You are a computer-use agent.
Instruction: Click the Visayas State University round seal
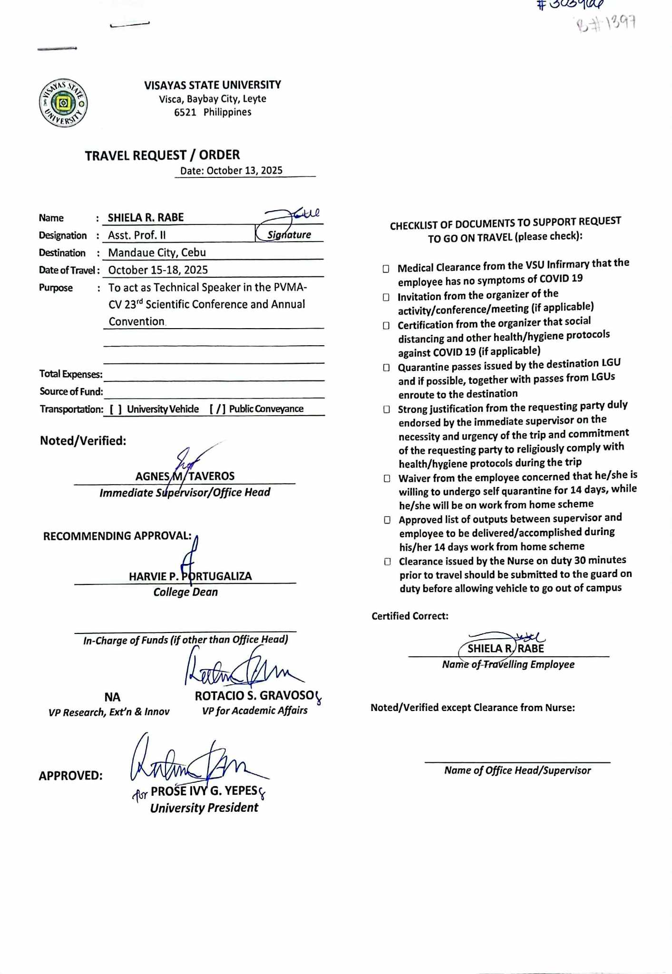coord(63,103)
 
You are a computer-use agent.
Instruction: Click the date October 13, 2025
coord(244,171)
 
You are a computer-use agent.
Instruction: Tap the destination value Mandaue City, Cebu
coord(157,253)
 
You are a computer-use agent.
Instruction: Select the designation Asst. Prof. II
coord(137,235)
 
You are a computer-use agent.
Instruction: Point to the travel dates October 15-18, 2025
coord(158,270)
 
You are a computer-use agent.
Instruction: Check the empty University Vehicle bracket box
coord(116,409)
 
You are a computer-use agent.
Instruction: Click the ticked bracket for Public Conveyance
coord(217,409)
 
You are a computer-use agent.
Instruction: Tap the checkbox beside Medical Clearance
coord(386,269)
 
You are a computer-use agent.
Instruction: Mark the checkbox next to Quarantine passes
coord(387,368)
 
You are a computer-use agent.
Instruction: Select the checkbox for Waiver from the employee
coord(387,478)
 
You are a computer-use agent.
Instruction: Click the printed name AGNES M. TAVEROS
coord(185,476)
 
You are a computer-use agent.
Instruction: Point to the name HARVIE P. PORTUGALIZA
coord(190,576)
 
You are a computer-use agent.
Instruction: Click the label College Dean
coord(185,592)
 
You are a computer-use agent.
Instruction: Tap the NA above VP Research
coord(112,697)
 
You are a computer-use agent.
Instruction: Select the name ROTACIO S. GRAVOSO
coord(254,696)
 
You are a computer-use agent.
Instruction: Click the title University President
coord(204,808)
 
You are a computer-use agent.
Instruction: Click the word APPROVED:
coord(70,776)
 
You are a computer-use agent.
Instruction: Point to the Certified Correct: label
coord(410,616)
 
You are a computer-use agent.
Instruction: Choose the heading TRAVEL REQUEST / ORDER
coord(162,156)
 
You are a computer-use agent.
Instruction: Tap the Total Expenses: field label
coord(71,374)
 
